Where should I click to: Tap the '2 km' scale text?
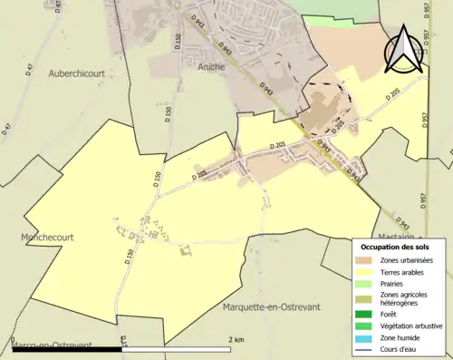[236, 339]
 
